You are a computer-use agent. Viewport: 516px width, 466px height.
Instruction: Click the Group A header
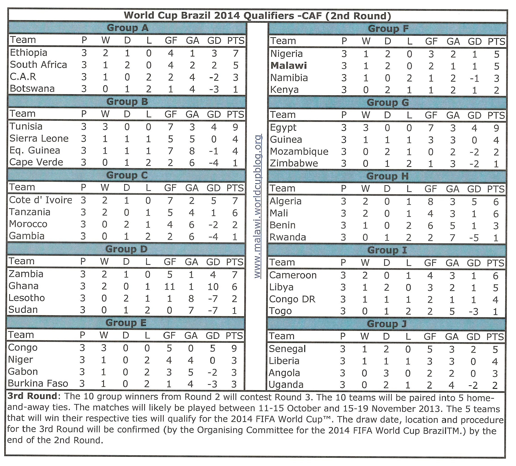[127, 28]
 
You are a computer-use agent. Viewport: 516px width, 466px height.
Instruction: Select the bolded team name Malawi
[288, 66]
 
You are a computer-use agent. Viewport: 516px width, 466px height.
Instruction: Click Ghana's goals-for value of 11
[169, 286]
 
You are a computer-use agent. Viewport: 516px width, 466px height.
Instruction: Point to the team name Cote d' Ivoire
[40, 200]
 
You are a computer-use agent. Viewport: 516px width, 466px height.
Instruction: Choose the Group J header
[387, 324]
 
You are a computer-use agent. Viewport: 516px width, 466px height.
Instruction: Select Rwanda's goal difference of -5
[474, 238]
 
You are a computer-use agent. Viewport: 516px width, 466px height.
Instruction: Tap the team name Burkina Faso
[38, 383]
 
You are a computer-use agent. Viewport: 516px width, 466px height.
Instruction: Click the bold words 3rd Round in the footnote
[32, 396]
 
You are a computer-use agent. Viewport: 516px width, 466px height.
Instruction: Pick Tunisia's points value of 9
[235, 127]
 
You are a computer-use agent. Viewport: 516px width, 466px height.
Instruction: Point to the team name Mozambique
[299, 152]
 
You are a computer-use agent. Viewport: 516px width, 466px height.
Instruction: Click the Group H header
[387, 176]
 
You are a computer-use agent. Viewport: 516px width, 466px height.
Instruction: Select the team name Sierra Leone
[39, 138]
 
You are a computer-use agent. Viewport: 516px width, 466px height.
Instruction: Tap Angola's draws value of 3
[386, 373]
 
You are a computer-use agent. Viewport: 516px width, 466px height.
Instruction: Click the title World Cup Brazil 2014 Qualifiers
[209, 15]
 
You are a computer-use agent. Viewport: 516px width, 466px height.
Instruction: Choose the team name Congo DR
[292, 299]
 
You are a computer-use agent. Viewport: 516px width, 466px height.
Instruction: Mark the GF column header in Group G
[431, 115]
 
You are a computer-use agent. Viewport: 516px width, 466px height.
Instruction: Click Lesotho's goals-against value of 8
[191, 298]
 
